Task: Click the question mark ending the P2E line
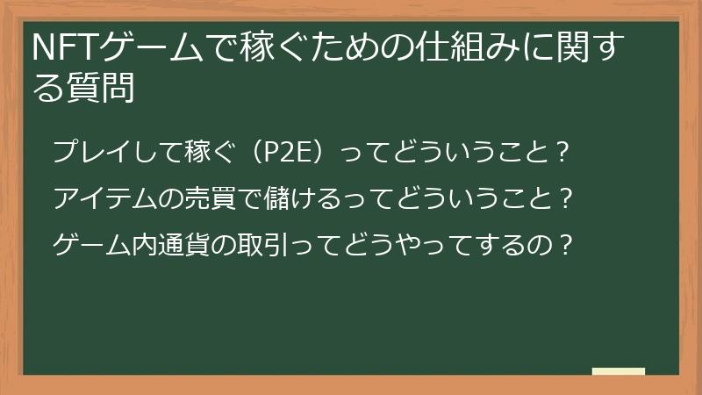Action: [562, 151]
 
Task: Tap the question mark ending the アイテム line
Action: [565, 197]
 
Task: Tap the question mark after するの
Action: [565, 244]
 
